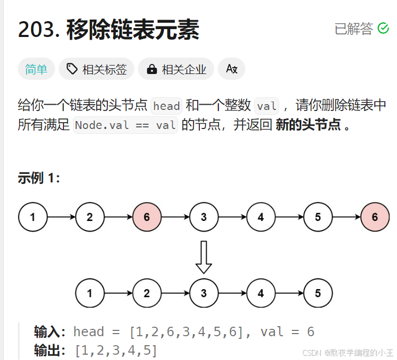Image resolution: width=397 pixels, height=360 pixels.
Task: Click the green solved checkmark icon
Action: coord(383,29)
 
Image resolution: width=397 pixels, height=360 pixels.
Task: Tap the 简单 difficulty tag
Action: coord(36,69)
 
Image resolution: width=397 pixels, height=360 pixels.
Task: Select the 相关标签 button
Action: coord(97,69)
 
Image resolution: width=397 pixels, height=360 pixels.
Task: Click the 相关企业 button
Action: coord(176,69)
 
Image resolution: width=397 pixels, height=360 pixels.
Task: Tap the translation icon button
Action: coord(232,69)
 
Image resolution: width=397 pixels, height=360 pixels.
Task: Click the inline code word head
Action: coord(167,106)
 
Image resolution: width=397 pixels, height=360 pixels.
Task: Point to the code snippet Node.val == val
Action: coord(125,126)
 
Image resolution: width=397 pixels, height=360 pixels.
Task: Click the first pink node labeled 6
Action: coord(146,217)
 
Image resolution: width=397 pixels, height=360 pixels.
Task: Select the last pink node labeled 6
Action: coord(375,217)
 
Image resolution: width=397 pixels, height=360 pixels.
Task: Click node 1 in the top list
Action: coord(33,217)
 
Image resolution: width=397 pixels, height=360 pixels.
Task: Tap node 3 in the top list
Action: coord(204,217)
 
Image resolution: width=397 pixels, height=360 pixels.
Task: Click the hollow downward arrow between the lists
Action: coord(204,257)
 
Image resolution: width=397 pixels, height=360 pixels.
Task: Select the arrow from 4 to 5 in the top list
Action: coord(289,217)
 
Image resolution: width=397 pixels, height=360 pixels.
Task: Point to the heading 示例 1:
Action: coord(39,178)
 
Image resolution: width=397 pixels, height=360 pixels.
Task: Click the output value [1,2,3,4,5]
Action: coord(116,350)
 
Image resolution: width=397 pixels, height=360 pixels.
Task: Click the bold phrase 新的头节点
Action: coord(308,126)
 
